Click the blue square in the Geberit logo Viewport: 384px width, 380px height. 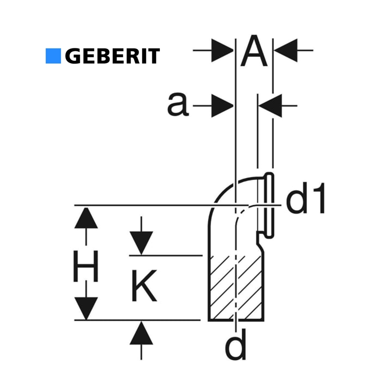click(53, 56)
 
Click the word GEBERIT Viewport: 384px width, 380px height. click(112, 56)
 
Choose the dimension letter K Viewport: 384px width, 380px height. click(143, 286)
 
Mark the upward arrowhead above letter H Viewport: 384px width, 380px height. click(86, 218)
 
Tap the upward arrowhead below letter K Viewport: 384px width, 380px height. click(141, 335)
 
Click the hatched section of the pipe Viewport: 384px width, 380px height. click(235, 287)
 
